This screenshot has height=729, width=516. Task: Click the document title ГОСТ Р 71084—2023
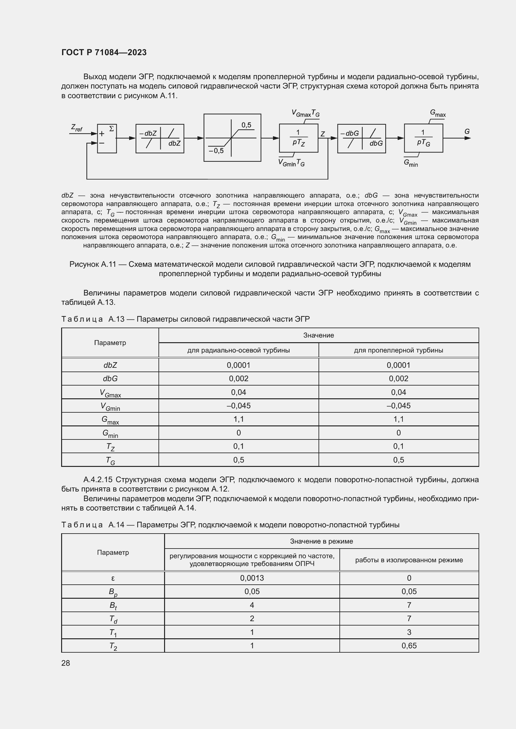pos(104,52)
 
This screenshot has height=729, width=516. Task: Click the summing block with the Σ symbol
pos(107,138)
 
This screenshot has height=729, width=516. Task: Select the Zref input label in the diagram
pos(76,128)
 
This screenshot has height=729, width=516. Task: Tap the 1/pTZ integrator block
pos(298,138)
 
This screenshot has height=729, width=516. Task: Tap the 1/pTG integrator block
pos(423,138)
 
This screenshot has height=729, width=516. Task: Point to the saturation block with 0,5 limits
pos(232,137)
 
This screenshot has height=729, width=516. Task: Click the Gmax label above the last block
pos(438,113)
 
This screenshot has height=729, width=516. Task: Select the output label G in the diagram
pos(467,132)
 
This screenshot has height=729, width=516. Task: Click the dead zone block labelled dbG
pos(361,138)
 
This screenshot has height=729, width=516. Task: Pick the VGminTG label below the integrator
pos(291,163)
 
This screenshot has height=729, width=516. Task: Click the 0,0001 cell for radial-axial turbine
pos(238,365)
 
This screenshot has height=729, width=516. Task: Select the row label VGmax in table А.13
pos(110,393)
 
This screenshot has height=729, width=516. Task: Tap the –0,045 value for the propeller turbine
pos(398,405)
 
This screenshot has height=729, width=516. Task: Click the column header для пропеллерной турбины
pos(398,350)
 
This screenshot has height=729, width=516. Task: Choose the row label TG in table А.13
pos(110,460)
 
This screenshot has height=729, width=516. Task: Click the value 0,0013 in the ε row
pos(252,578)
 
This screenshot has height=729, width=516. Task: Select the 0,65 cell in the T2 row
pos(409,645)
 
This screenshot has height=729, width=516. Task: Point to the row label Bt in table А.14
pos(113,606)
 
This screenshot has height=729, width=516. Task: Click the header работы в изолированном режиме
pos(409,560)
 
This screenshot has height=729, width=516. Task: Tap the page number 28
pos(66,663)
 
